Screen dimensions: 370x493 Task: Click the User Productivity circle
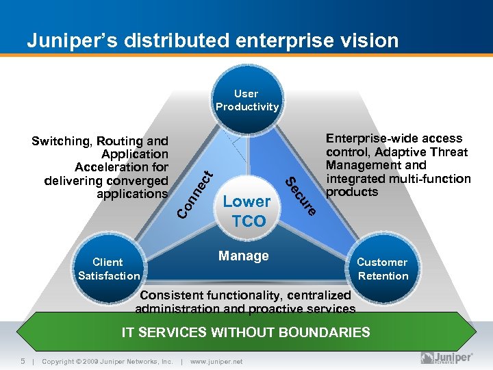(x=246, y=100)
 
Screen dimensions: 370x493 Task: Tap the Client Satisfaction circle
(x=108, y=269)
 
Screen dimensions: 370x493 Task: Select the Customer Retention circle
(x=382, y=269)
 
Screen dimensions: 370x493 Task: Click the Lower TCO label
(x=246, y=211)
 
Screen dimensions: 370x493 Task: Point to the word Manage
(x=243, y=256)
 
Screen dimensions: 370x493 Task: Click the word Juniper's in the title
(x=64, y=40)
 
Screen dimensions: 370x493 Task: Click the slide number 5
(x=23, y=361)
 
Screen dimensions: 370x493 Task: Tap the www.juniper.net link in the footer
(x=216, y=362)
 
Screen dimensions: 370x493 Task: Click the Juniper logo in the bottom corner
(x=446, y=358)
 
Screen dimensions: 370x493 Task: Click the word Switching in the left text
(x=61, y=141)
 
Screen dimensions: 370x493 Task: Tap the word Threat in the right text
(x=448, y=152)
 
